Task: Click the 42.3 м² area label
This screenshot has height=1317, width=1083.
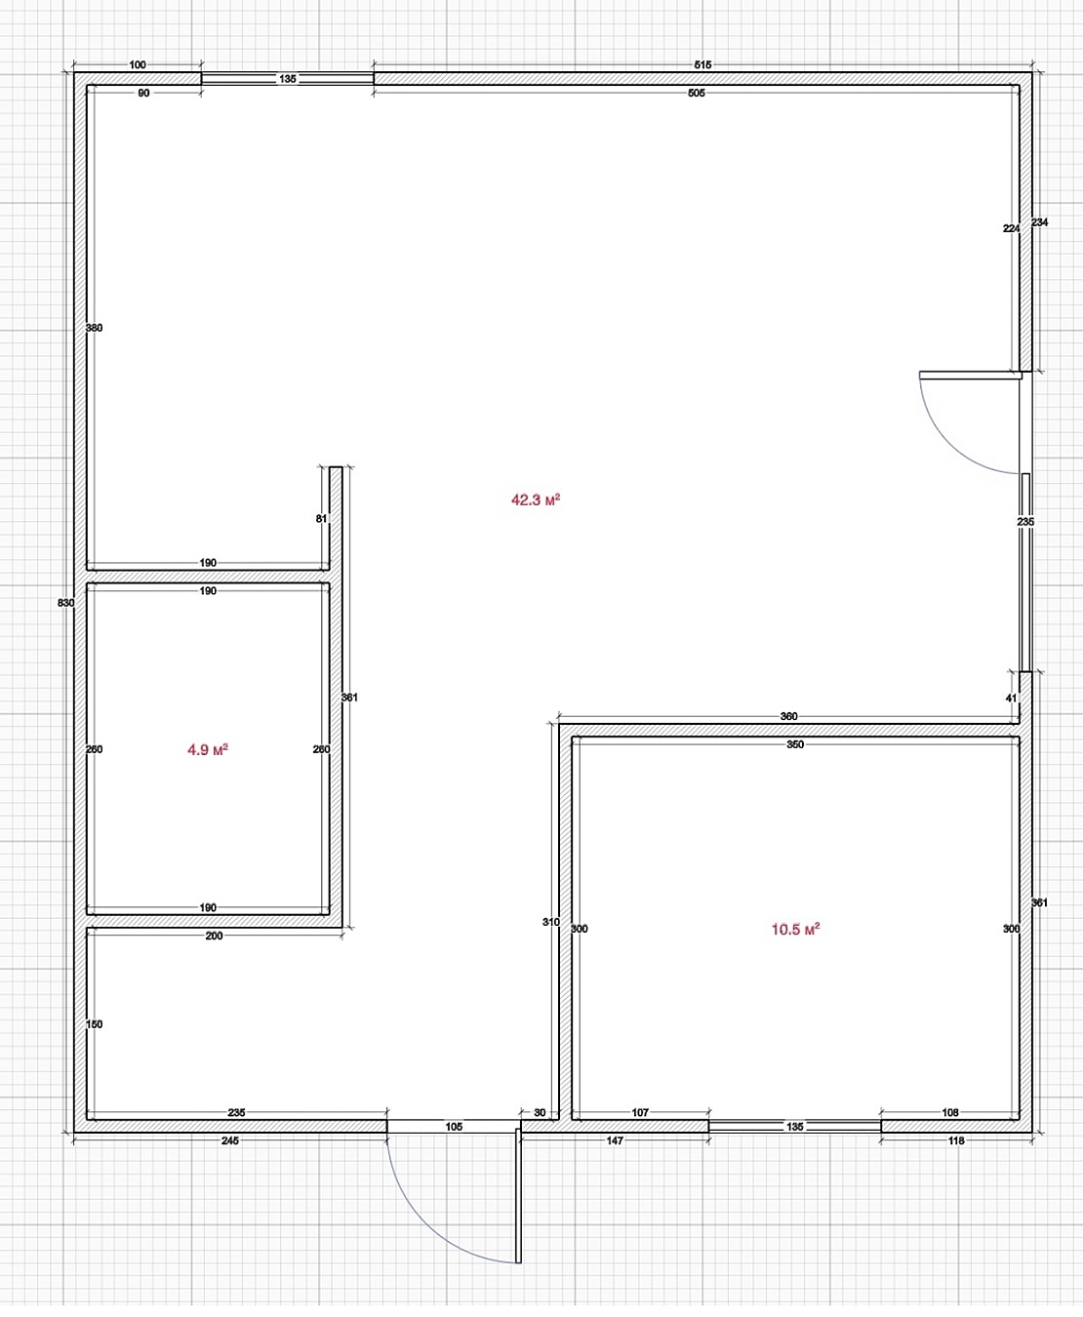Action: tap(536, 499)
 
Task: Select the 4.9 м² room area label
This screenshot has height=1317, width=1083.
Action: tap(208, 749)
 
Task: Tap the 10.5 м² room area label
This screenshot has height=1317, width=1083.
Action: tap(795, 929)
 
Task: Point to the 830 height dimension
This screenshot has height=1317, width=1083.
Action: tap(65, 603)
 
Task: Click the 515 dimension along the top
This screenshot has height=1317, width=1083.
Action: tap(702, 64)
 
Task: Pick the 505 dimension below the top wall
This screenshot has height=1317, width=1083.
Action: tap(697, 93)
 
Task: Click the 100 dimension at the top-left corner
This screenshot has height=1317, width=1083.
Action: tap(138, 64)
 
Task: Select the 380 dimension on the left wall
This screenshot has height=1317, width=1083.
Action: tap(94, 328)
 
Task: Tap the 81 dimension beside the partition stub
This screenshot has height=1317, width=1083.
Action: tap(321, 518)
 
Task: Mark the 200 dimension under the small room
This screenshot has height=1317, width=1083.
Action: tap(214, 936)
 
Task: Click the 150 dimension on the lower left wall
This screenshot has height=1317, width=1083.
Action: tap(94, 1024)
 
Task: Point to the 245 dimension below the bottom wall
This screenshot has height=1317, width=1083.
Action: tap(230, 1140)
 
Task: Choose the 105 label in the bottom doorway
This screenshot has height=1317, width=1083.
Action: tap(454, 1127)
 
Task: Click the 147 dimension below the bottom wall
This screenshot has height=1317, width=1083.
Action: tap(615, 1140)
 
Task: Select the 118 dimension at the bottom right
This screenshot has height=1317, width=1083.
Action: tap(956, 1140)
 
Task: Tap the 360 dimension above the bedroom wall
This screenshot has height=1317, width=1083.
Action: tap(788, 716)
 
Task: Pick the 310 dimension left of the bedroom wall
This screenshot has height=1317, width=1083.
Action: tap(551, 922)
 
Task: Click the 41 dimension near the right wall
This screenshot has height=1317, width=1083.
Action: tap(1011, 698)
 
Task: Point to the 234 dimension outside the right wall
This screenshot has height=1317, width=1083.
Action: tap(1039, 222)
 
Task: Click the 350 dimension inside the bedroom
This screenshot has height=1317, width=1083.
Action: tap(795, 744)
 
